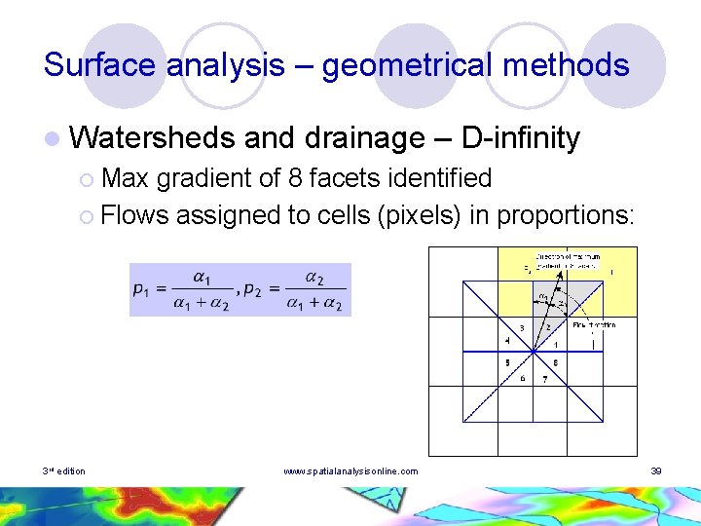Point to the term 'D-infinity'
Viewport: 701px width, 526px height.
[521, 138]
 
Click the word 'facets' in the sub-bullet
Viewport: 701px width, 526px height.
[350, 179]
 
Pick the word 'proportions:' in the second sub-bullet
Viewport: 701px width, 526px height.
[566, 214]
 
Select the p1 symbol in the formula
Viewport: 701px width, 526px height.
[142, 289]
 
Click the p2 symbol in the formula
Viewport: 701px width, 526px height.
[255, 289]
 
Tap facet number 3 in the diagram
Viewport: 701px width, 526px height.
[522, 328]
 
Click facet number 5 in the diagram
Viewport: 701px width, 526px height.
[507, 362]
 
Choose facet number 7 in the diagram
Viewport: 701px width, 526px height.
[544, 378]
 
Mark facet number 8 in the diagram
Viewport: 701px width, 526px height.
[555, 362]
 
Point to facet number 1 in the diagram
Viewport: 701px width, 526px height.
[555, 344]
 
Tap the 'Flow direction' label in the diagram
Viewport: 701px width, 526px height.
[593, 324]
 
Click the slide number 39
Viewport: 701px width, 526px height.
[656, 471]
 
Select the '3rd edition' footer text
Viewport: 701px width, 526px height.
[64, 471]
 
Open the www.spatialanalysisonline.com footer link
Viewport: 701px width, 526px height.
[350, 471]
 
